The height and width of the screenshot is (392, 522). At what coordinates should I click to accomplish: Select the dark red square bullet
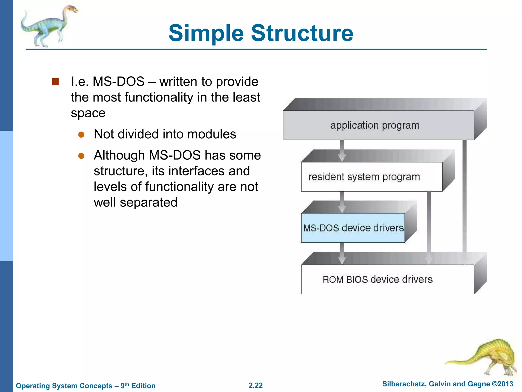(x=56, y=82)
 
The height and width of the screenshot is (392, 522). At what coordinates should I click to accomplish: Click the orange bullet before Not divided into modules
(x=81, y=134)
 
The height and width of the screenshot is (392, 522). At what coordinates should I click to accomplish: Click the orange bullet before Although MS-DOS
(x=81, y=156)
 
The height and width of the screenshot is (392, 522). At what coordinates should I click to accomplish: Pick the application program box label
(x=375, y=125)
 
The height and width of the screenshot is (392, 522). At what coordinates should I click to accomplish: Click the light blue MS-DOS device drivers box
(x=353, y=228)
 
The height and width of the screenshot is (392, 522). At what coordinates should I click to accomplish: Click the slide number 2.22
(x=256, y=385)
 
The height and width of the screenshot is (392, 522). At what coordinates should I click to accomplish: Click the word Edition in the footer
(x=143, y=386)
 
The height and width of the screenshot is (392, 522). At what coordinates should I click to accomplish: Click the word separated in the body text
(x=148, y=202)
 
